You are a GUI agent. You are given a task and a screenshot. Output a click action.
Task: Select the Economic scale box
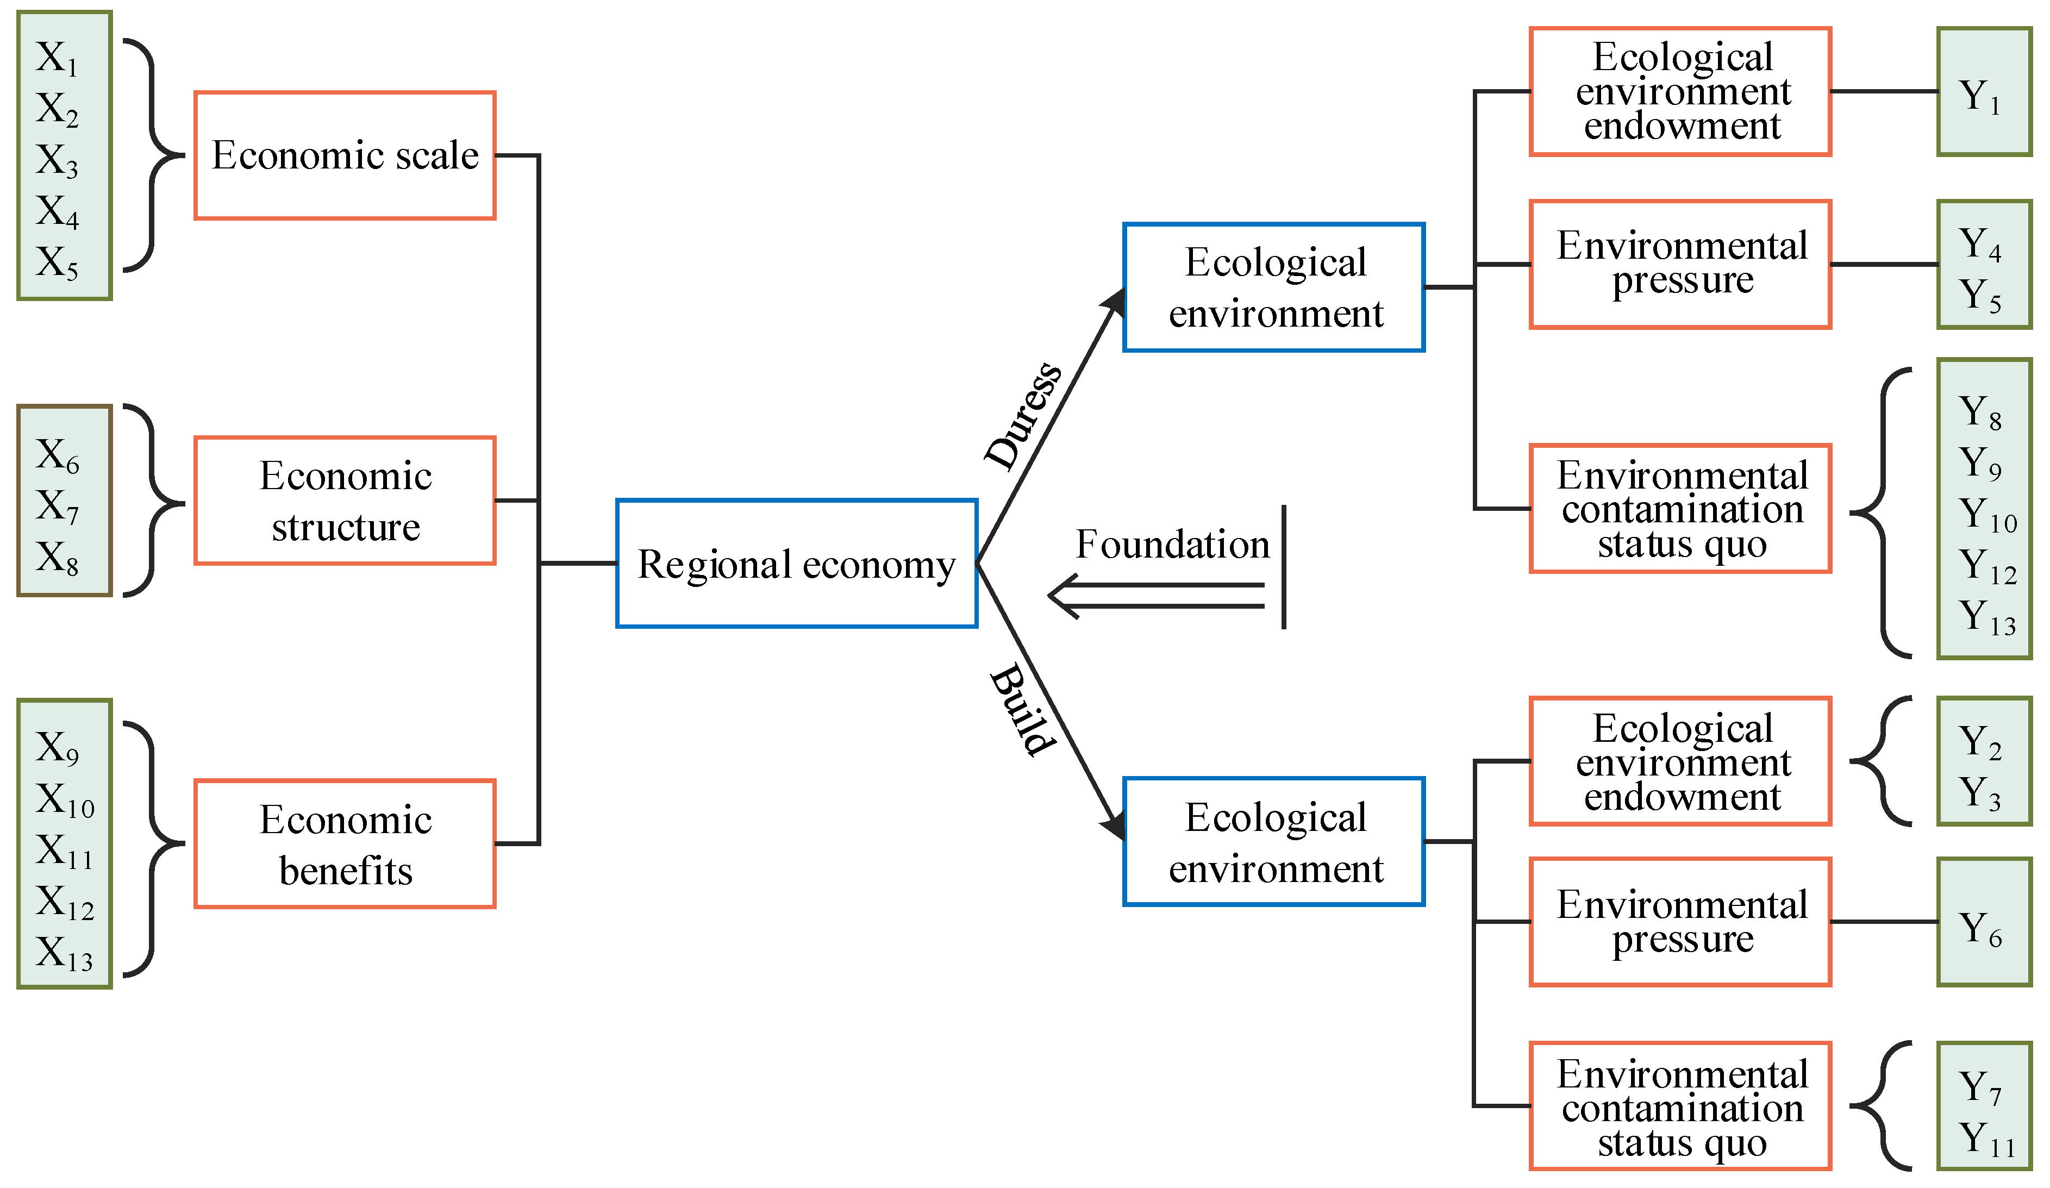345,155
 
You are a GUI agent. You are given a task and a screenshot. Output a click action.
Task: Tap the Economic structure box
345,501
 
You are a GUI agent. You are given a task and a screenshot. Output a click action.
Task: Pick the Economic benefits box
345,844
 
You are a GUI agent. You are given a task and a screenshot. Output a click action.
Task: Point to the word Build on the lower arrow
1023,710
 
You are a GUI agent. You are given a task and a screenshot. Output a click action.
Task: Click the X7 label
57,506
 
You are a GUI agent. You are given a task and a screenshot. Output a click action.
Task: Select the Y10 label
1986,514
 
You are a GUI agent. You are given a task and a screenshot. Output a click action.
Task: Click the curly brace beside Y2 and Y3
1881,761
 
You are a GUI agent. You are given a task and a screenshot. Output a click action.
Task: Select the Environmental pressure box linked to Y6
1680,922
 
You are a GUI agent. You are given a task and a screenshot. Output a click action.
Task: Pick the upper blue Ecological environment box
1274,287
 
